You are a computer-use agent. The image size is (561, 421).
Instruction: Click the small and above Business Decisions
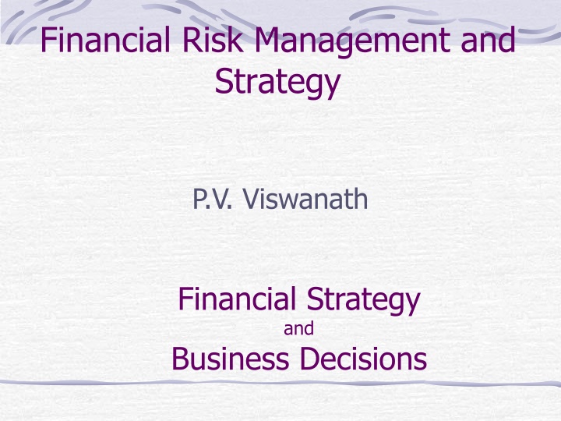click(x=298, y=330)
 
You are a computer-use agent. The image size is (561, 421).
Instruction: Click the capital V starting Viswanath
click(x=249, y=200)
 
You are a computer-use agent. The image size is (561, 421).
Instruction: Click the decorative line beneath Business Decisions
click(x=280, y=383)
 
